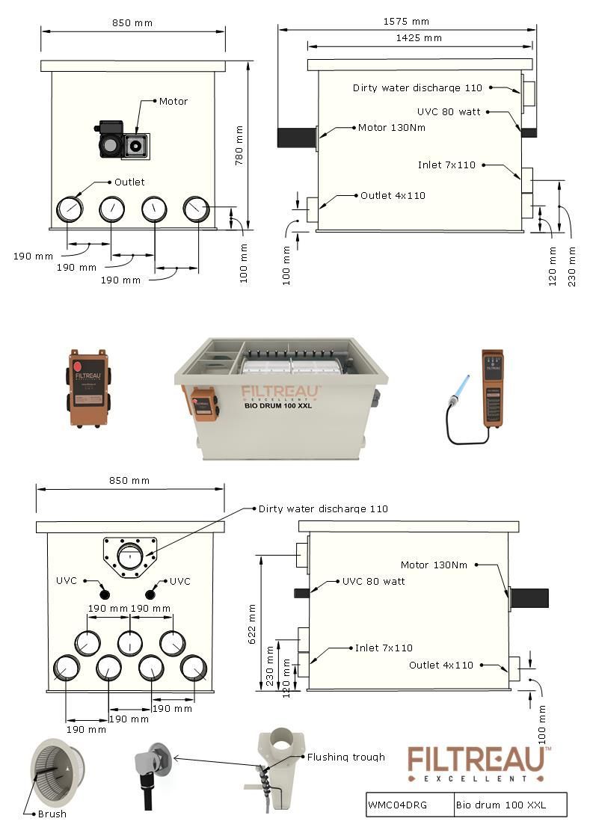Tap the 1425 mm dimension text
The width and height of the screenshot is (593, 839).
pos(418,37)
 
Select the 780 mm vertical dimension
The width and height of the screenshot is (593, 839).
pos(240,145)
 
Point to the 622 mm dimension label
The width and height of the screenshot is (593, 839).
pos(252,624)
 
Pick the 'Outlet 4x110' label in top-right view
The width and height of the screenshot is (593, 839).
pos(393,195)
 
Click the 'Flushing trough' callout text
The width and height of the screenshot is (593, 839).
pos(346,757)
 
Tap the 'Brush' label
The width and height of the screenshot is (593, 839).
pos(52,814)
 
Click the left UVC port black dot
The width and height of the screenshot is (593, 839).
pos(104,594)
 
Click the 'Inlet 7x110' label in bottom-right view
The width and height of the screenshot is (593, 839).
pos(384,648)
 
